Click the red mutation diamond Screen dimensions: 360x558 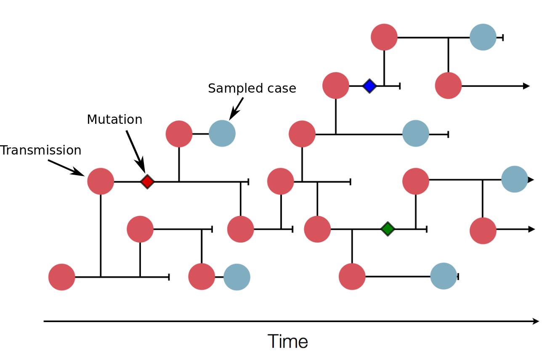click(x=147, y=182)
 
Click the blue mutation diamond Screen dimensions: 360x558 click(x=369, y=86)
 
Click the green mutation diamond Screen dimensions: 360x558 click(x=388, y=229)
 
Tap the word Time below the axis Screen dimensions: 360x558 click(x=288, y=341)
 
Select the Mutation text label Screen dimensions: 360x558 click(x=114, y=120)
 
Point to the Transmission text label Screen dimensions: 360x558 click(x=41, y=150)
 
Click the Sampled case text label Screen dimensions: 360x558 click(x=252, y=88)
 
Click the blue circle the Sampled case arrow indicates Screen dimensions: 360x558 click(x=222, y=133)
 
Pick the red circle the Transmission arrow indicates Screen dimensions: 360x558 click(x=101, y=181)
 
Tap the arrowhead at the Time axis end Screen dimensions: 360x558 click(x=536, y=321)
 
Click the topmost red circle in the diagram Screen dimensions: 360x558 click(x=384, y=37)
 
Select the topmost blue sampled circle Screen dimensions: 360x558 click(x=483, y=37)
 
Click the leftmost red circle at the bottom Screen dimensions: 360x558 click(x=62, y=277)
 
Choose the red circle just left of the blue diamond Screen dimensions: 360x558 click(x=336, y=85)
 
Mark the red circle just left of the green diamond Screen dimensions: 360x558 click(x=317, y=229)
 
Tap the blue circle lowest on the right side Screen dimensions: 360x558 click(x=444, y=276)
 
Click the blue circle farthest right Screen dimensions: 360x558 click(x=514, y=179)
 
